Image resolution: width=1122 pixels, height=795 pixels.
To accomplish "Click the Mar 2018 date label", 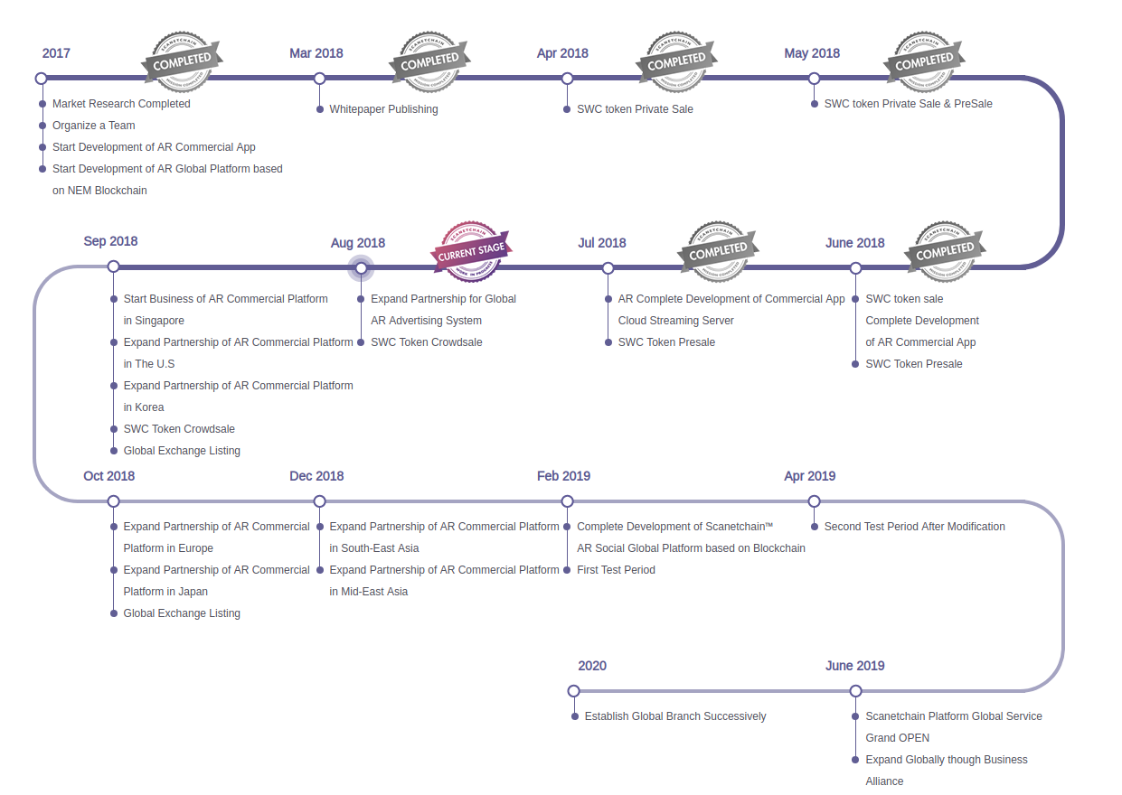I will (x=316, y=53).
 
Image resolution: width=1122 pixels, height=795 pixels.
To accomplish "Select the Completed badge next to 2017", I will (x=183, y=61).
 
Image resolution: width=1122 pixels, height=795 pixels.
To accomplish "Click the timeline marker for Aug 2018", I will (x=361, y=267).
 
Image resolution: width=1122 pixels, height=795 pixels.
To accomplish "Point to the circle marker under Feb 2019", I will (x=567, y=501).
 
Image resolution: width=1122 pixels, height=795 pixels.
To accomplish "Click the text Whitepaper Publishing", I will (x=383, y=109).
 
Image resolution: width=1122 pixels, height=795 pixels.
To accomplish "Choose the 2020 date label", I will (x=592, y=666).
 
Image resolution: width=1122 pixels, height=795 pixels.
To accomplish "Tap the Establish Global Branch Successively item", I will (x=675, y=716).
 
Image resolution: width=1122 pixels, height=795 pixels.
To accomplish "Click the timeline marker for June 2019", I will (x=855, y=691).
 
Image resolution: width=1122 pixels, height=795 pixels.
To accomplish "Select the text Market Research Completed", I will (x=121, y=104).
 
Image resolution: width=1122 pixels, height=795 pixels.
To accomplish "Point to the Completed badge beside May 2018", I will (x=924, y=61).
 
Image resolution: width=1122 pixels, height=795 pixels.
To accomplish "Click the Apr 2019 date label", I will (x=809, y=476).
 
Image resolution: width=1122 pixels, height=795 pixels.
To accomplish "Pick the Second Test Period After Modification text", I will (x=914, y=527).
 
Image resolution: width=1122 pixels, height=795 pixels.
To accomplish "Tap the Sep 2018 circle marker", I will (x=113, y=267).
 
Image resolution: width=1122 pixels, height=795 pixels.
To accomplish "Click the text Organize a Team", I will (x=93, y=126).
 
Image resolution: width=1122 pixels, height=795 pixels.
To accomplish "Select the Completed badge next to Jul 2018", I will (x=719, y=250).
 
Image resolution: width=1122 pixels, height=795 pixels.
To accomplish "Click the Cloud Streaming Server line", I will (x=675, y=321).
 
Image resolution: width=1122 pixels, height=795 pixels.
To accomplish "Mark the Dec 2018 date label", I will (x=316, y=476).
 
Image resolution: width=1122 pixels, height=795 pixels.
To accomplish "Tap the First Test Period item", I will (x=616, y=570).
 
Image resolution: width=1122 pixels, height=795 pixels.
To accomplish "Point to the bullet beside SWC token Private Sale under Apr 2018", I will (x=567, y=109).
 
